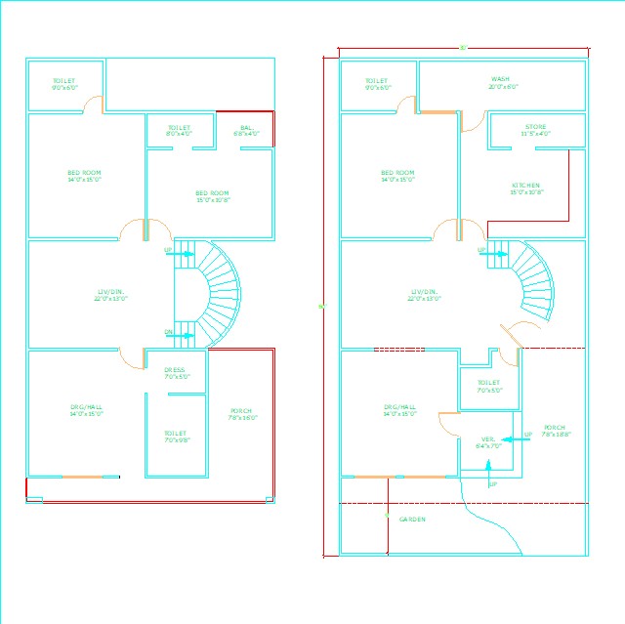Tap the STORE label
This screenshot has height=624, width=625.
[535, 129]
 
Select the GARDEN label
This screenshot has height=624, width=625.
[412, 520]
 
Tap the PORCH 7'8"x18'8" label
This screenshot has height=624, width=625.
[555, 430]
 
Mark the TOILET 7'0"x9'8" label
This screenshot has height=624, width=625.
[176, 436]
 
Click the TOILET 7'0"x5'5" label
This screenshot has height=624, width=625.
[488, 386]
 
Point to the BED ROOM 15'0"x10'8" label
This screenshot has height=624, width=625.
[212, 195]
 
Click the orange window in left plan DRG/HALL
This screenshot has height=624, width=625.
[83, 477]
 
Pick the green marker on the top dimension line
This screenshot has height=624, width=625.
[463, 47]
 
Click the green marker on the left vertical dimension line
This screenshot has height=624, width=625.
[322, 307]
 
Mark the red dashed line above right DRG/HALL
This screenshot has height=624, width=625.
[398, 348]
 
